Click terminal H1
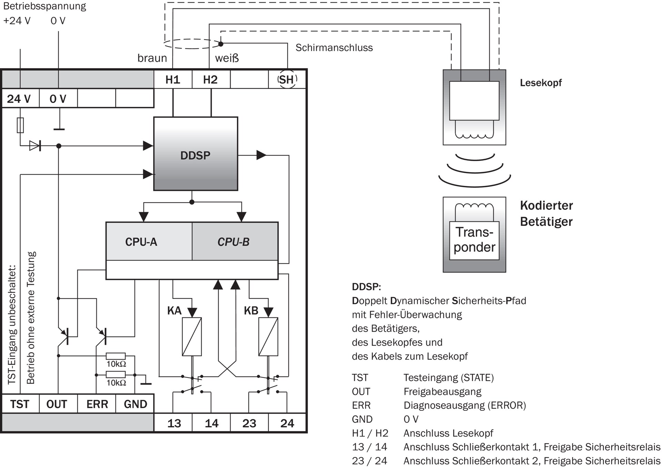point(173,80)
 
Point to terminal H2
point(210,80)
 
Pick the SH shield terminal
point(287,80)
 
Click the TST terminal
point(20,404)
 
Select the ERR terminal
point(97,404)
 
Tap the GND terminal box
point(135,404)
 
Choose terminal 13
point(174,423)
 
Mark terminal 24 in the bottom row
point(287,423)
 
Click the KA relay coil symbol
point(192,337)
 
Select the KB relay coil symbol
point(268,337)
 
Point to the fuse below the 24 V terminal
point(20,125)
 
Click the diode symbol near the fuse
point(35,146)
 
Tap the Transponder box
point(474,240)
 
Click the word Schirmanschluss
point(334,48)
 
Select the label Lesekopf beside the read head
point(541,83)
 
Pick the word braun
point(152,58)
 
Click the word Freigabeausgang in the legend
point(442,392)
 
